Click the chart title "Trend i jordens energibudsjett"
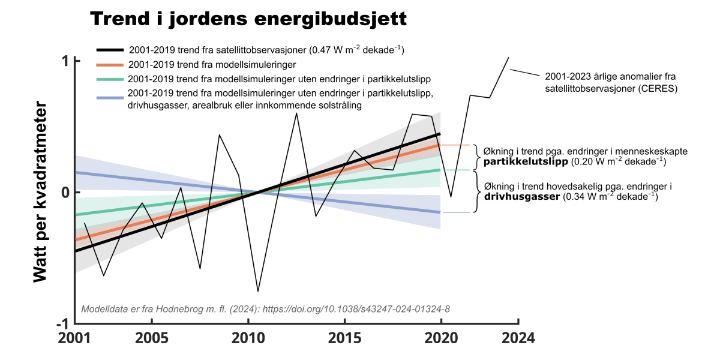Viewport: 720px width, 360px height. click(248, 19)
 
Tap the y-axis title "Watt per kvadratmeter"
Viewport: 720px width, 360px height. click(40, 194)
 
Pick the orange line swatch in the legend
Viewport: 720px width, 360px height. click(110, 64)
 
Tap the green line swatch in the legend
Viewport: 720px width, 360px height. click(110, 79)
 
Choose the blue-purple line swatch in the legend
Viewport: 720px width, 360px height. click(110, 95)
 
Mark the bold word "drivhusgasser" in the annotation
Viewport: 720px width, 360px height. click(520, 196)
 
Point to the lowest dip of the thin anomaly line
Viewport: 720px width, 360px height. click(258, 291)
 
